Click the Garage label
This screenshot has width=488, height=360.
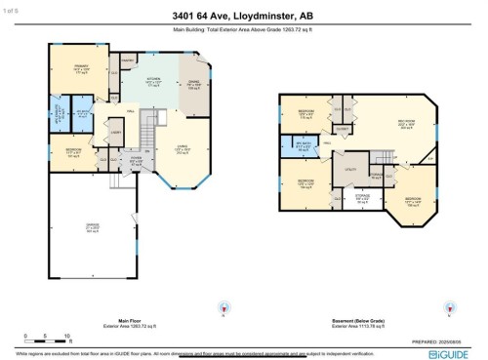click(x=93, y=231)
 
